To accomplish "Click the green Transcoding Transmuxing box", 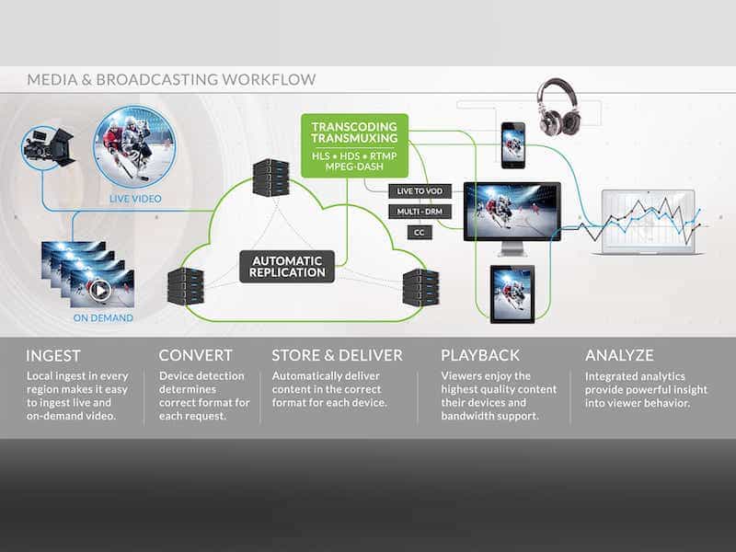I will tap(354, 145).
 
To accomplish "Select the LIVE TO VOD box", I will tap(420, 190).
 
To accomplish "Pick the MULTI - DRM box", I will tap(420, 212).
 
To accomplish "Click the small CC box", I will tap(419, 233).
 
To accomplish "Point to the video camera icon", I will tap(49, 146).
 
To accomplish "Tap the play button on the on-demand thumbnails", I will tap(99, 290).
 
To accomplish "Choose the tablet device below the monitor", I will tap(512, 293).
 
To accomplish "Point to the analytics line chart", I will tap(650, 221).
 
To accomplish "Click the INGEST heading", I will tap(53, 355).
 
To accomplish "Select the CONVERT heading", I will tap(196, 355).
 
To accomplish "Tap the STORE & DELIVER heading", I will tap(337, 355).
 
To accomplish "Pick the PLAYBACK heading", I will tap(480, 355).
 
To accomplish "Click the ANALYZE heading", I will tap(619, 355).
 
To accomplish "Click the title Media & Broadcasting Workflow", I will tap(171, 80).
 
